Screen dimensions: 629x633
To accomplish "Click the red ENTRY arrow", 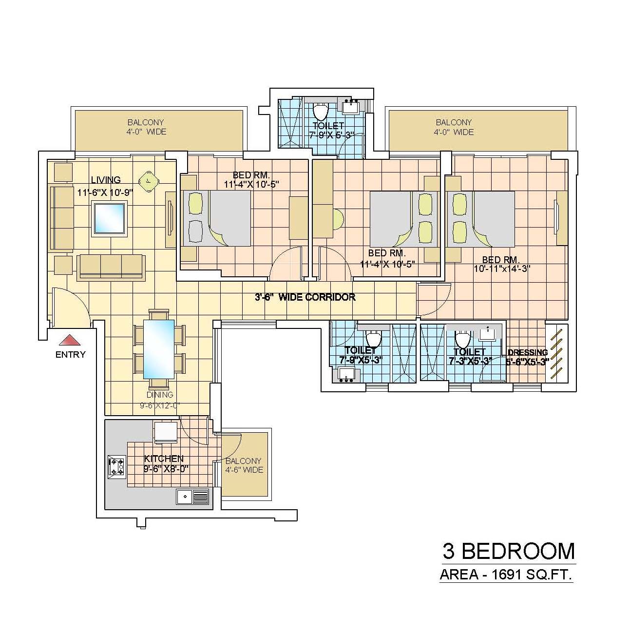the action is pyautogui.click(x=70, y=340).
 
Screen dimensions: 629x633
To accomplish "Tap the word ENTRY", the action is pyautogui.click(x=70, y=355).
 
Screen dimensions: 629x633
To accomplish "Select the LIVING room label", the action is pyautogui.click(x=106, y=180).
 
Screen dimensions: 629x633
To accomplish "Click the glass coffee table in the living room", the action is pyautogui.click(x=109, y=218).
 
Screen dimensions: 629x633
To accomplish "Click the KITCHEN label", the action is pyautogui.click(x=164, y=459).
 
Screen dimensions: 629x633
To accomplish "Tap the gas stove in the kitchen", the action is pyautogui.click(x=116, y=466).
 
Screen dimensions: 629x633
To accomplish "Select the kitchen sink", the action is pyautogui.click(x=192, y=497).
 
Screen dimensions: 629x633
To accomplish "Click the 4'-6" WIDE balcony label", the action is pyautogui.click(x=244, y=470).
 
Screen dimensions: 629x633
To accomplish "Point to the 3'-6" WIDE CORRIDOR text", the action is pyautogui.click(x=305, y=297).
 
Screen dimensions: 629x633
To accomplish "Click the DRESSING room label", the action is pyautogui.click(x=528, y=352).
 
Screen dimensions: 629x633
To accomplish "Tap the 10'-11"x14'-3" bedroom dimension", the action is pyautogui.click(x=502, y=269).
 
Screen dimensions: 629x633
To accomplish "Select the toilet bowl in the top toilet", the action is pyautogui.click(x=320, y=112).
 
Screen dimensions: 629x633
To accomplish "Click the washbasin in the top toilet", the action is pyautogui.click(x=351, y=107).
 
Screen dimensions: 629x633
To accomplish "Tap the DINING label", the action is pyautogui.click(x=160, y=395).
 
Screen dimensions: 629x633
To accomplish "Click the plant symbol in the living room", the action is pyautogui.click(x=149, y=180).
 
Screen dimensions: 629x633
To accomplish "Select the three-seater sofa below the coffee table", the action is pyautogui.click(x=111, y=268).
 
